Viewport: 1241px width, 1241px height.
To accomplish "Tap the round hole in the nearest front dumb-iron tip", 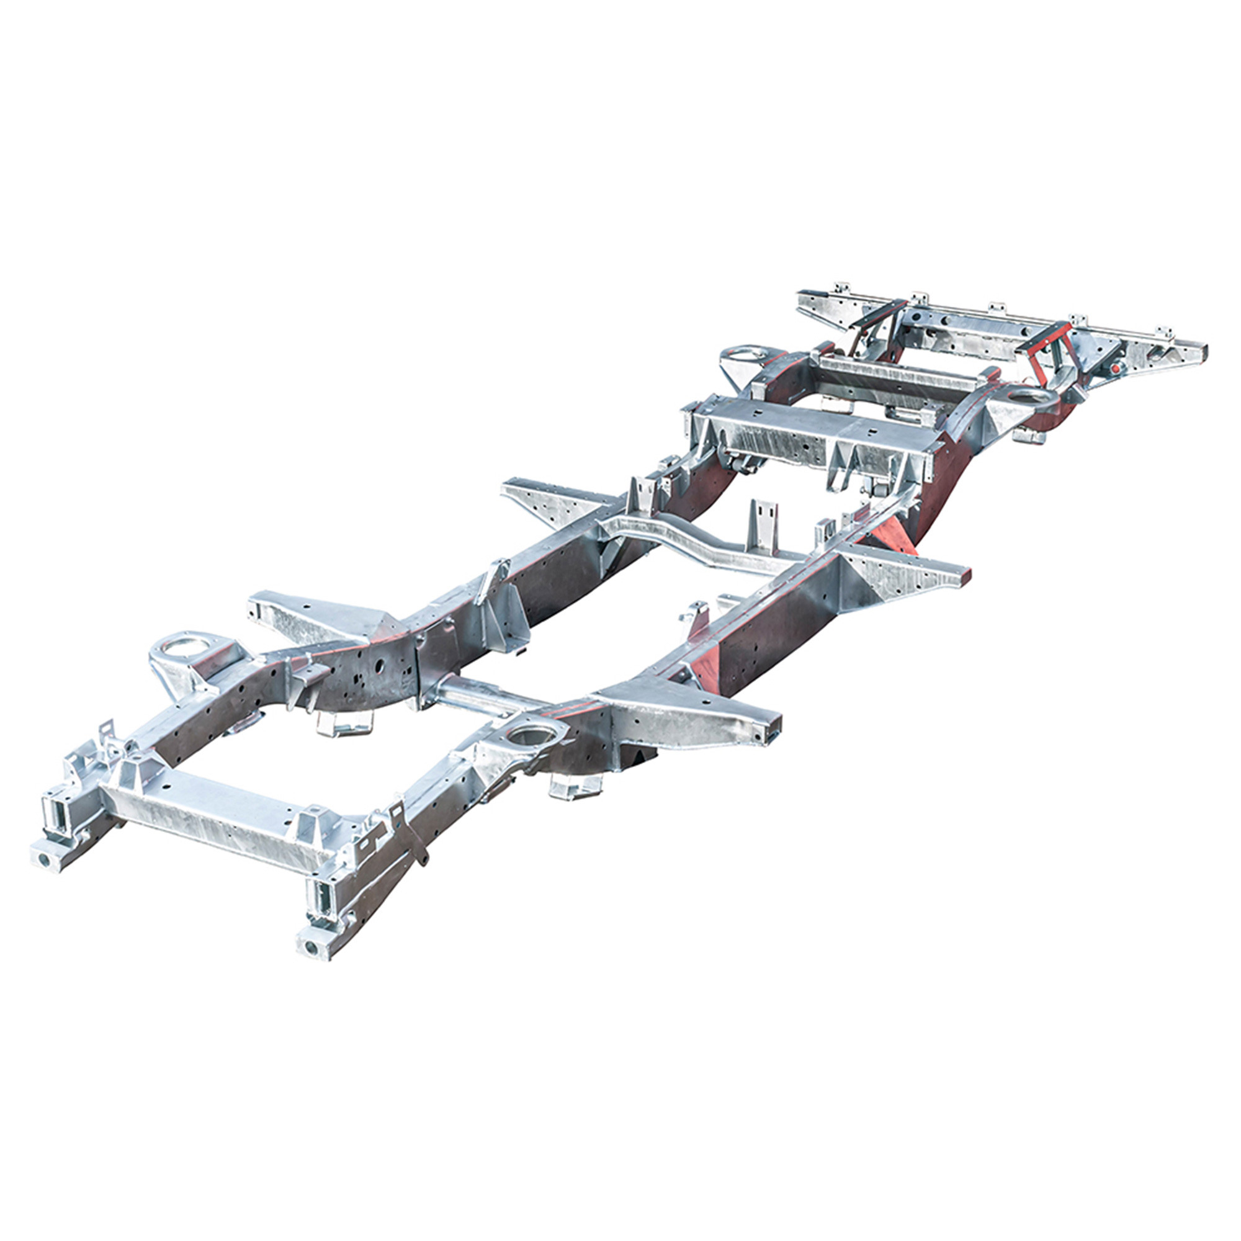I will [x=310, y=947].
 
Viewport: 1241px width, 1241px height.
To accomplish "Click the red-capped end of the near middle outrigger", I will [x=964, y=573].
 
